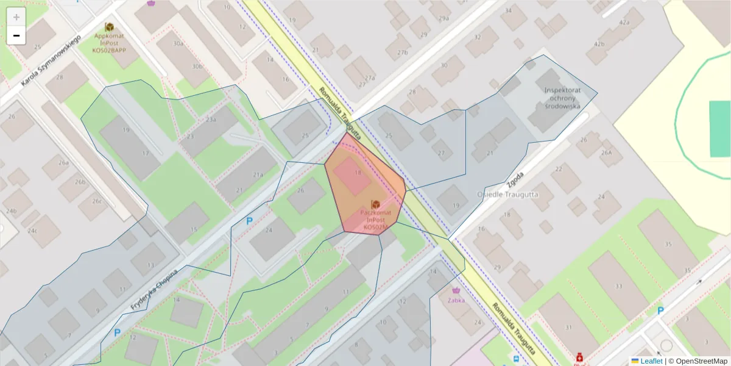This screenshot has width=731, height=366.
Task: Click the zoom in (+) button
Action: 16,17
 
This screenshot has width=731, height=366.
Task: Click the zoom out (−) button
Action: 16,35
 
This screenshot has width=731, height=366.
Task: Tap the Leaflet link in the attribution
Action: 651,361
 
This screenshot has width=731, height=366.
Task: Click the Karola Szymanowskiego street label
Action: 51,61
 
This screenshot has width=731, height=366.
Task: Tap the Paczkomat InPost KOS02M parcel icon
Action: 376,204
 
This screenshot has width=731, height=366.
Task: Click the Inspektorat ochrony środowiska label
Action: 562,98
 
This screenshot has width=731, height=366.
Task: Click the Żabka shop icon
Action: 457,290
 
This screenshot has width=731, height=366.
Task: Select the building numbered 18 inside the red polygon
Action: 358,173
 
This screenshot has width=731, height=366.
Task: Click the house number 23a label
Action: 211,120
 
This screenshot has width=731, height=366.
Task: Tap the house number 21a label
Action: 258,175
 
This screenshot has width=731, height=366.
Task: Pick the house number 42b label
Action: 599,44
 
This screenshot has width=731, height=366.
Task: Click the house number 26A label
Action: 606,152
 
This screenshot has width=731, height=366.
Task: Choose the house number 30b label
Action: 197,66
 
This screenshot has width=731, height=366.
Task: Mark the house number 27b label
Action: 402,53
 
